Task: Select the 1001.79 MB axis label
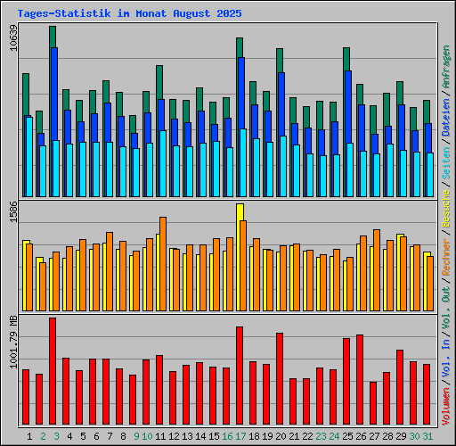(x=12, y=353)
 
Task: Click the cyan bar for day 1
(x=28, y=156)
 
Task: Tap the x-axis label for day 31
(x=428, y=436)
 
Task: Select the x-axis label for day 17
(x=241, y=436)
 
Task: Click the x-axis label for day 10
(x=148, y=436)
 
